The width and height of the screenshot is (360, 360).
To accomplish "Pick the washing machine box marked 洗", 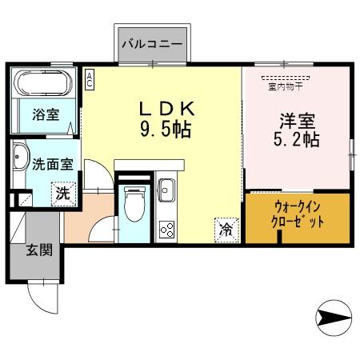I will tap(62, 193).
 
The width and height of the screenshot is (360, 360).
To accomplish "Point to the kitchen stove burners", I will tap(169, 228).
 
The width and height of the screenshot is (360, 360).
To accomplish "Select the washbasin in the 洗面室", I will tap(20, 158).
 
